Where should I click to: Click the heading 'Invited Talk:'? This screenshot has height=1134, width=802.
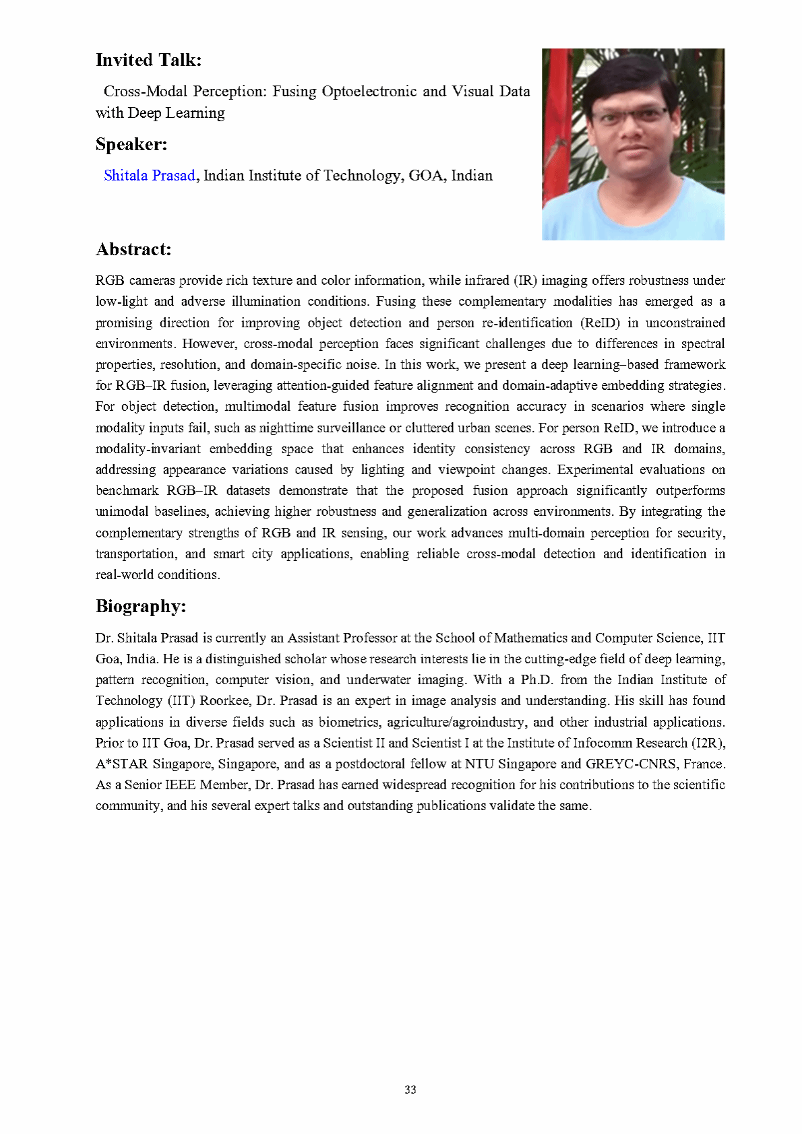(148, 60)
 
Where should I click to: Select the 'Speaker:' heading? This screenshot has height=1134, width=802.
(131, 144)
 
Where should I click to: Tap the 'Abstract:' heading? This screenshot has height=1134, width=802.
(133, 249)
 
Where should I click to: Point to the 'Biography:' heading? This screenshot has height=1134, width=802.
(140, 606)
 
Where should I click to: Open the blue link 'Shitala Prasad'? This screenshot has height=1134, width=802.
(149, 176)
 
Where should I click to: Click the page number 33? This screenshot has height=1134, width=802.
(410, 1090)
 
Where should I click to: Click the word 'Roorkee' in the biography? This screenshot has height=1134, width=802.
(225, 700)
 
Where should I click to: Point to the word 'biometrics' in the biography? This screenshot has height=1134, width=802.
(348, 722)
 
